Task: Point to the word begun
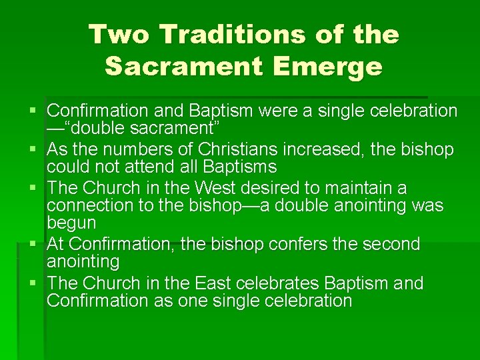tap(71, 222)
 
